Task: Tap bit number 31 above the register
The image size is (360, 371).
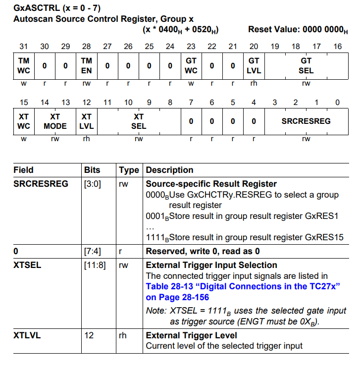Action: (24, 47)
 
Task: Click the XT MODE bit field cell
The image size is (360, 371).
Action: (55, 121)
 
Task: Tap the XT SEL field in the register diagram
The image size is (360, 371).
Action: (139, 121)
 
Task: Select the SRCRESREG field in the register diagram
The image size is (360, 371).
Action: (306, 121)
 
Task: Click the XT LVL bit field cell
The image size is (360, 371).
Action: (86, 121)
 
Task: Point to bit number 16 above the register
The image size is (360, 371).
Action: (337, 47)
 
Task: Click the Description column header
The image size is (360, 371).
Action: (169, 170)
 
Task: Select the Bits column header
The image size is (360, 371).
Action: (92, 170)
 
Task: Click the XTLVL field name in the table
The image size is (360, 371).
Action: (27, 335)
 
